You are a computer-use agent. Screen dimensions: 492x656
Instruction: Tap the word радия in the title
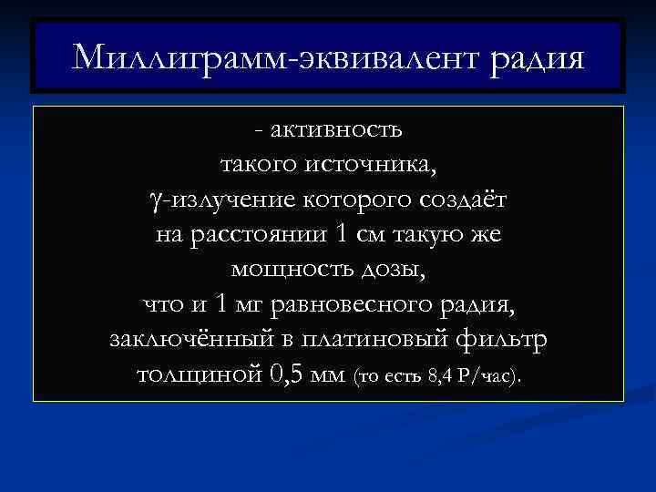[537, 58]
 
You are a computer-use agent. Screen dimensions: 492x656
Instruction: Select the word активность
[336, 131]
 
